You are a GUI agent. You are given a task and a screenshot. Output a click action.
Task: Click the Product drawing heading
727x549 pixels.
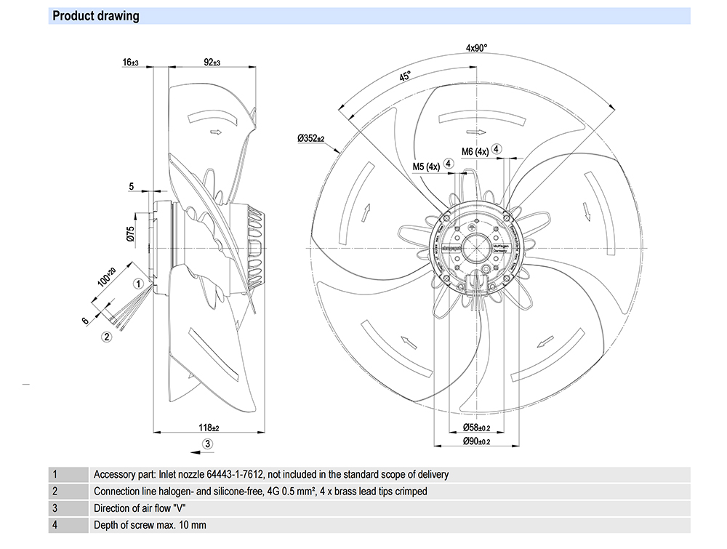(96, 16)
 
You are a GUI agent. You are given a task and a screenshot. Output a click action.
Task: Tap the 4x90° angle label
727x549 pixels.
(477, 49)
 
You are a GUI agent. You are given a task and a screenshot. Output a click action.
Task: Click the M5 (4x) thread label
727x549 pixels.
(426, 167)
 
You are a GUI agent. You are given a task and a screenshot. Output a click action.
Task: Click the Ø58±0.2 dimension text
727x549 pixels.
(476, 427)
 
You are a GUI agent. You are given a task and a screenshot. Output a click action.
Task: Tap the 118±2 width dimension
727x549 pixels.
(209, 427)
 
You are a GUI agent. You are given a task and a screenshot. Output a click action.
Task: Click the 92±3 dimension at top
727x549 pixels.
(212, 63)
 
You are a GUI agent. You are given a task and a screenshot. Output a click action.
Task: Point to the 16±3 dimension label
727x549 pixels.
(131, 63)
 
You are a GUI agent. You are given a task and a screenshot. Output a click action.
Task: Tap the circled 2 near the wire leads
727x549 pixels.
(106, 336)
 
